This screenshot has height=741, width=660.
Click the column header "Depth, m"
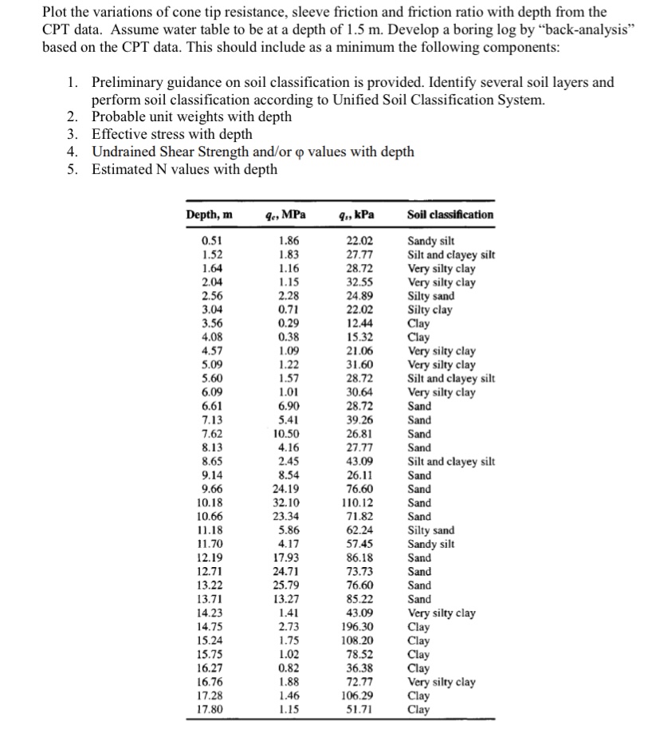coord(210,215)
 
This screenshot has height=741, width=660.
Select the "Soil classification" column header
coord(450,215)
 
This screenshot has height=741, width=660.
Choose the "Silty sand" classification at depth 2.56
coord(431,296)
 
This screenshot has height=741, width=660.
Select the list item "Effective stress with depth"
coord(171,134)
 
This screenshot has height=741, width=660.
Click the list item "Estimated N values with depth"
coord(184,169)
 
